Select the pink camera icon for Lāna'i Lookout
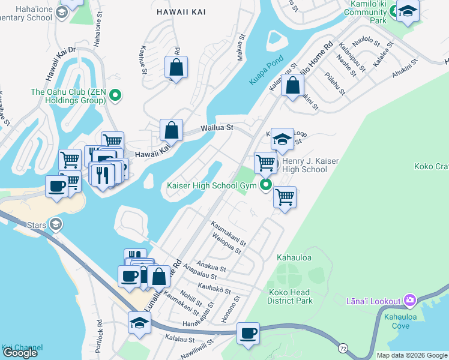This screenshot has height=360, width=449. coord(409,299)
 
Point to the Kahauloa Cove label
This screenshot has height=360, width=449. coord(393,320)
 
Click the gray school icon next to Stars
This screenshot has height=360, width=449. coord(56,224)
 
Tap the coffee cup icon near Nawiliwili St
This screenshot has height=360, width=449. coord(247,333)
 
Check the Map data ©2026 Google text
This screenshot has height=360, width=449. coord(412,355)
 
